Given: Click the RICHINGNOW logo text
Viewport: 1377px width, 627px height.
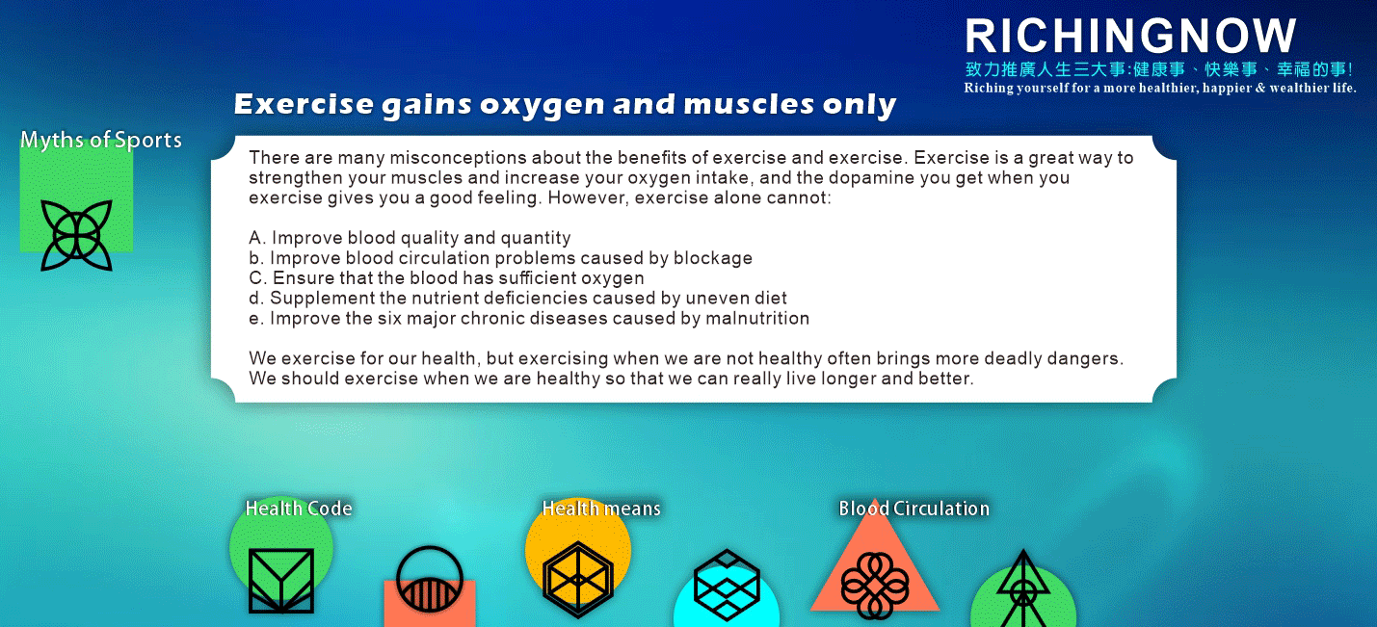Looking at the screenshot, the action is pos(1130,36).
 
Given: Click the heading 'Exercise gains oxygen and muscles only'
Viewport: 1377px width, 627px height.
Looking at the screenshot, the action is pos(565,104).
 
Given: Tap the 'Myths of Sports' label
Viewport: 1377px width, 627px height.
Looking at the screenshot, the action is pos(101,141).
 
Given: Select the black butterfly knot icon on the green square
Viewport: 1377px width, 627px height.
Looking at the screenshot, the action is pos(76,235).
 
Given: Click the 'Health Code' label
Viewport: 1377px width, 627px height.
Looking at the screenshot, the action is pos(299,509).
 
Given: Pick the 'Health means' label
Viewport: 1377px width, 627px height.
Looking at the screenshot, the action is pos(601,509).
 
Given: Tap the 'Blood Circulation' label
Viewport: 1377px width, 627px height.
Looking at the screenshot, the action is pos(914,509).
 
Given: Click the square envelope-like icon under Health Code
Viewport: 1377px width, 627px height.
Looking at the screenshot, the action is pos(281,581).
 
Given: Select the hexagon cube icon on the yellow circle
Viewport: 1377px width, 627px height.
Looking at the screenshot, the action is pos(578,579).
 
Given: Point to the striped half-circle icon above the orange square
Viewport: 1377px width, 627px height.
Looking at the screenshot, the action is pos(429,578).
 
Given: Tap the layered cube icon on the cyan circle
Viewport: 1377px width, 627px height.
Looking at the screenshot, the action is pos(727,585).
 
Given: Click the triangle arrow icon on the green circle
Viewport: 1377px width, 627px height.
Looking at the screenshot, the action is pos(1023,588).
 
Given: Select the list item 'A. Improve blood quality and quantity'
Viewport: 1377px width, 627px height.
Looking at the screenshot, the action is pos(410,238).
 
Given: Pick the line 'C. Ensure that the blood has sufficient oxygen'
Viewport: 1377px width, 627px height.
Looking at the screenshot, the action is pos(447,277).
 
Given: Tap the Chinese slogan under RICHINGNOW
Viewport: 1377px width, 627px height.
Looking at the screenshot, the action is pos(1159,69).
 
